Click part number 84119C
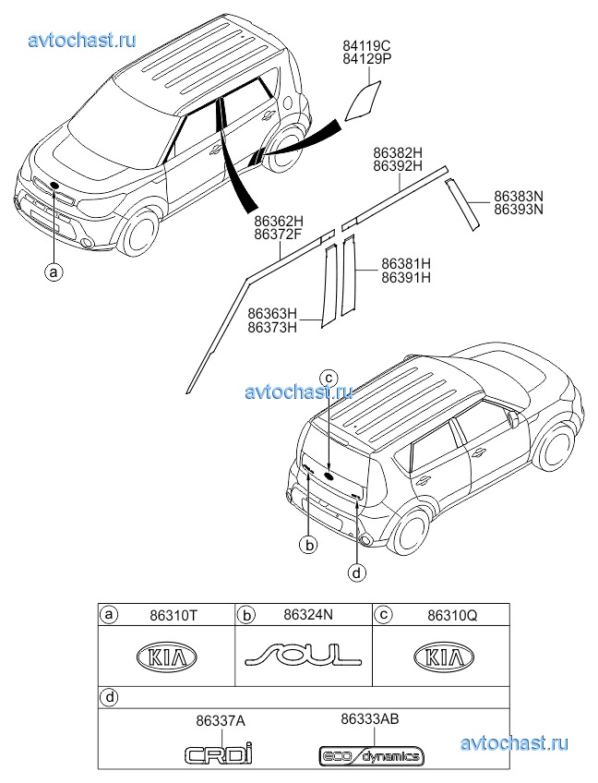point(366,44)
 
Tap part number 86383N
point(519,196)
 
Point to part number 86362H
point(279,222)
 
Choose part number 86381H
point(406,262)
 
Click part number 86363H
point(272,313)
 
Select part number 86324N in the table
point(307,613)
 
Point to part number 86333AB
point(370,717)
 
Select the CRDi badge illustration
point(218,754)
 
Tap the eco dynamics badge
point(370,756)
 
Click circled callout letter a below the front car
point(55,271)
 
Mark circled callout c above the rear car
point(329,376)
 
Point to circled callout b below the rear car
point(310,546)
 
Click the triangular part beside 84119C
point(362,101)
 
